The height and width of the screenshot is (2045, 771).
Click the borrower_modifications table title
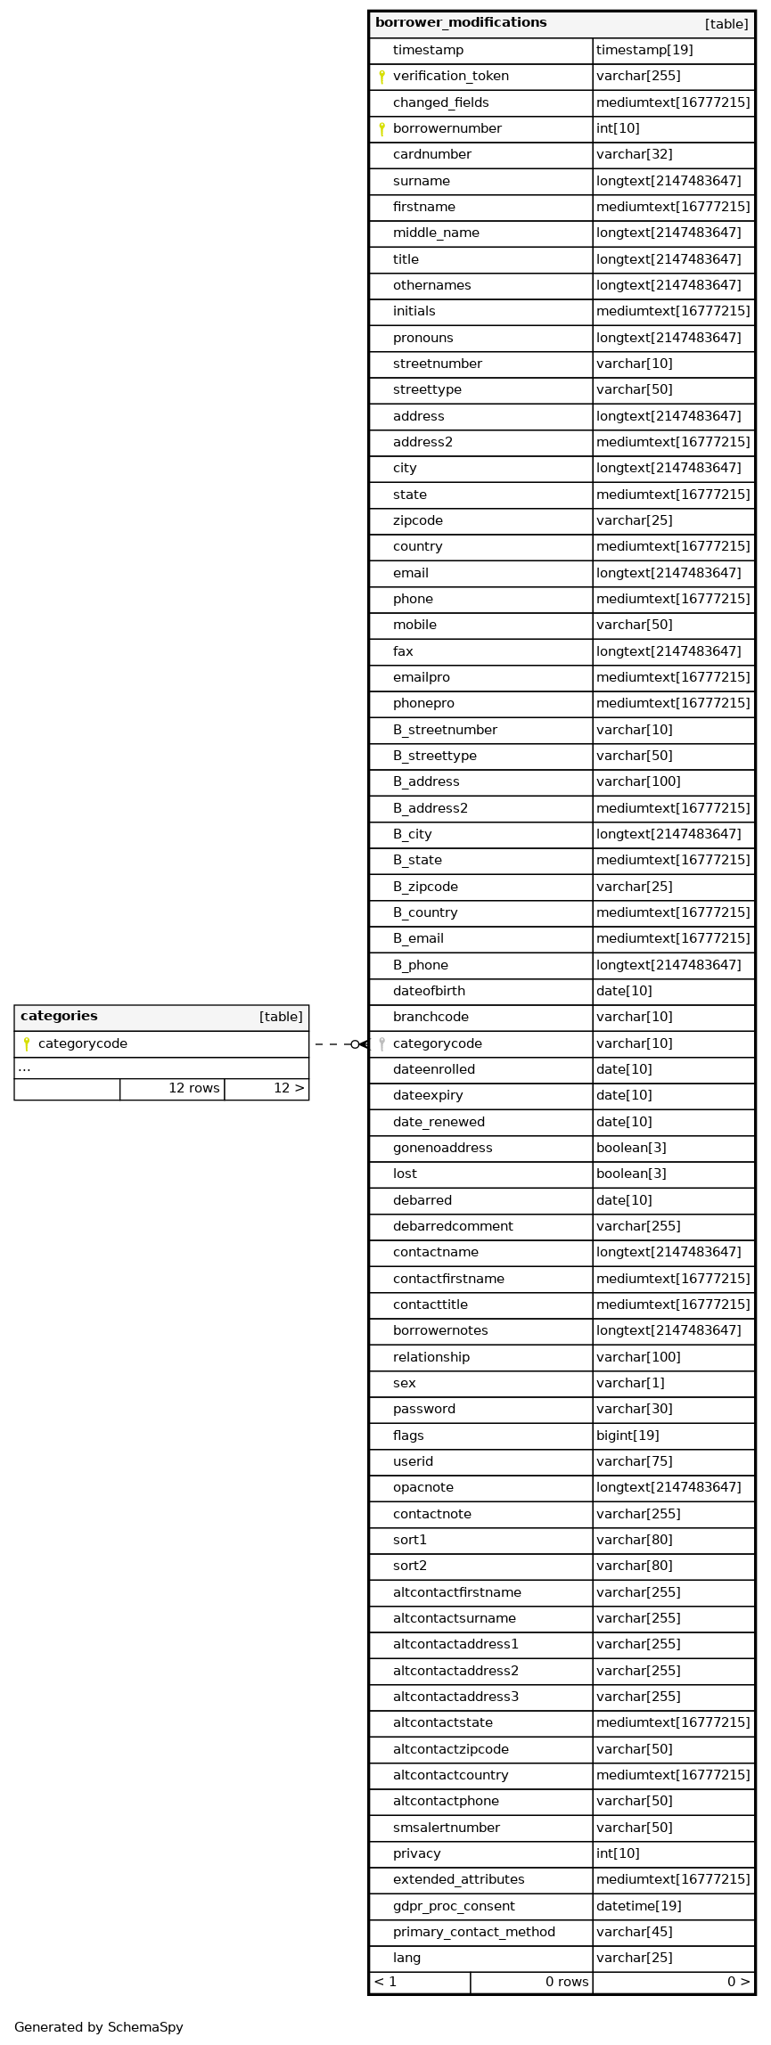coord(461,23)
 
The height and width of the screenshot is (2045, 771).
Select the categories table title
coord(59,1017)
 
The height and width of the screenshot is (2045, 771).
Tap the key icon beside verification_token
coord(381,77)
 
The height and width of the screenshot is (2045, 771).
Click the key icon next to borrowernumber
coord(381,129)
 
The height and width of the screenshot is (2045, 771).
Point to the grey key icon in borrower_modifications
coord(381,1043)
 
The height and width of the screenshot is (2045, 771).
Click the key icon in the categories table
coord(27,1043)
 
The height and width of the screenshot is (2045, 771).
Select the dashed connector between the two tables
coord(334,1043)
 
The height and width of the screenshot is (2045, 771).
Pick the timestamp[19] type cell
coord(638,51)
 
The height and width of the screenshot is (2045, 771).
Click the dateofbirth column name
coord(429,991)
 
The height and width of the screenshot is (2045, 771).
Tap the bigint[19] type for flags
coord(627,1436)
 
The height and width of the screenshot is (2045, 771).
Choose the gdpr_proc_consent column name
coord(454,1906)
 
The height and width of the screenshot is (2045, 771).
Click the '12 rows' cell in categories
coord(193,1088)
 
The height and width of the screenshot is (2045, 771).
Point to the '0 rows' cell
coord(567,1982)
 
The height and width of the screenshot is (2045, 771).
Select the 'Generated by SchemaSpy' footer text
coord(99,2027)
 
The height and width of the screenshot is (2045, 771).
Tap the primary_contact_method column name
coord(473,1932)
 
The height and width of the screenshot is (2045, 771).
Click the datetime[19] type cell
coord(638,1906)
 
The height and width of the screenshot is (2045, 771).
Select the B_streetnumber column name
coord(445,730)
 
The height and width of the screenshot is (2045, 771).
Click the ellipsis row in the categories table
coord(25,1067)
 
